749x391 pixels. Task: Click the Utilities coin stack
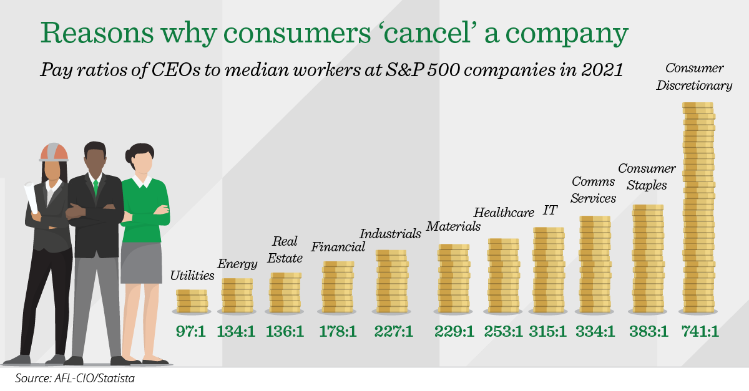[192, 301]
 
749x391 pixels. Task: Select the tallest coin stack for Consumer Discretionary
[698, 208]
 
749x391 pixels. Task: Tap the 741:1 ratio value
[700, 332]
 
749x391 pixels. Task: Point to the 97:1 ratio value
[190, 332]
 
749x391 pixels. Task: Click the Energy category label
[237, 264]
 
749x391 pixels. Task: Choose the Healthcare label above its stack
[504, 213]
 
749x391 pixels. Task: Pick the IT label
[550, 210]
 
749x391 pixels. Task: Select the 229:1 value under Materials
[454, 332]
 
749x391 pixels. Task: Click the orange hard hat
[54, 152]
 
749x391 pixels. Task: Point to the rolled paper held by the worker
[31, 197]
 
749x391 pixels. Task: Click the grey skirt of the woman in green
[141, 263]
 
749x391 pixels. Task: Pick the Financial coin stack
[338, 287]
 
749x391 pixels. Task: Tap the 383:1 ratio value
[649, 332]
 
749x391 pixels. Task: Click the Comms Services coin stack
[595, 264]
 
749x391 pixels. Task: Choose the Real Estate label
[285, 249]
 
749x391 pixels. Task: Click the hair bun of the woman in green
[129, 155]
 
